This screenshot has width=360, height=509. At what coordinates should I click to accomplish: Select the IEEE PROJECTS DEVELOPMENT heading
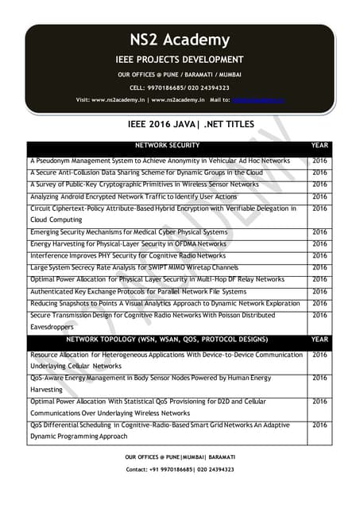[180, 60]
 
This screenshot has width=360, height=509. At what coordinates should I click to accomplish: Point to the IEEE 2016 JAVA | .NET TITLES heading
[180, 125]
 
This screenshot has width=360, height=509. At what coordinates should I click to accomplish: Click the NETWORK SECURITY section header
[168, 146]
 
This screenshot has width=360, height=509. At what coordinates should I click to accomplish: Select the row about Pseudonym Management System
[160, 161]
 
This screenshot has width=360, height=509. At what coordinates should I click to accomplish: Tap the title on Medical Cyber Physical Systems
[128, 232]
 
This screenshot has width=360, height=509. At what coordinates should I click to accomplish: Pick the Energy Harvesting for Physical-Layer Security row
[128, 244]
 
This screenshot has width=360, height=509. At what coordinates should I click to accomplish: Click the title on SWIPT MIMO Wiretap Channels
[134, 268]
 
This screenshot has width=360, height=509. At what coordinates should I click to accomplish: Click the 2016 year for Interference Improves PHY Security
[319, 256]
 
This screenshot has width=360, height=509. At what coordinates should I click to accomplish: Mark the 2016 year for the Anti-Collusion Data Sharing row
[319, 173]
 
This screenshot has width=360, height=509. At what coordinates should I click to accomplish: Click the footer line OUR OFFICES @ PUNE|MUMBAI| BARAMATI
[180, 458]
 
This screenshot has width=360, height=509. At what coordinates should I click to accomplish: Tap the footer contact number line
[180, 470]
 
